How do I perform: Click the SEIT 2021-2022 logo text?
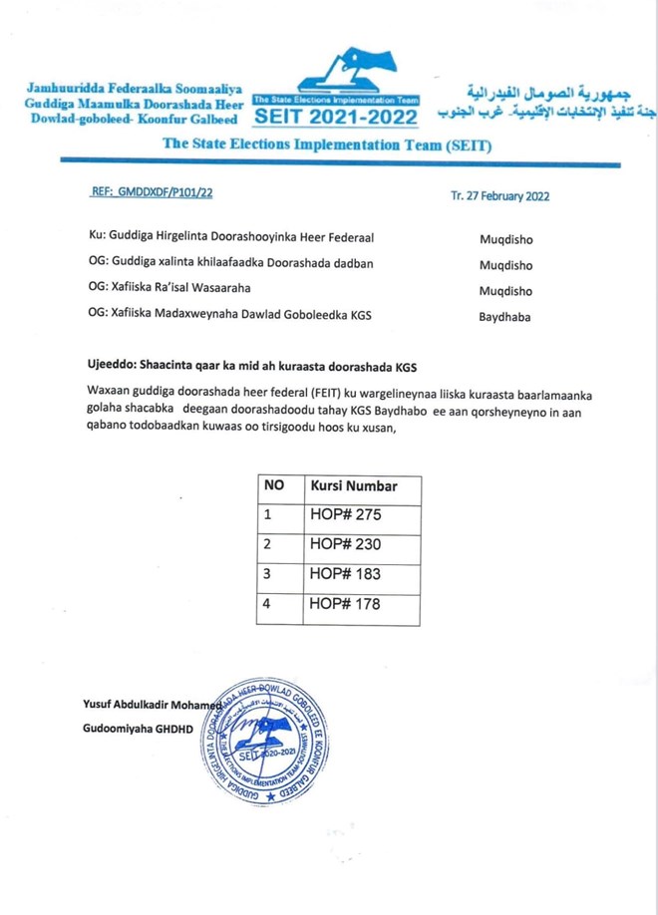(336, 118)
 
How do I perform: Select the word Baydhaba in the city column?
(504, 316)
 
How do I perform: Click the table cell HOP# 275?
(346, 515)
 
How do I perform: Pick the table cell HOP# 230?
(346, 544)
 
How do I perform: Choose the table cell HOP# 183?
(346, 574)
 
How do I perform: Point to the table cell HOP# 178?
(346, 603)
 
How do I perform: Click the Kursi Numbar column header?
(354, 486)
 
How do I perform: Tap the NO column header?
(274, 486)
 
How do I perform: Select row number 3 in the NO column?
(267, 574)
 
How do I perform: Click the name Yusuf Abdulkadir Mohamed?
(151, 706)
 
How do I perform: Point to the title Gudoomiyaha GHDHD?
(138, 729)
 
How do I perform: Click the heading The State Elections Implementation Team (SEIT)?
(327, 145)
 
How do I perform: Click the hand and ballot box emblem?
(344, 71)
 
